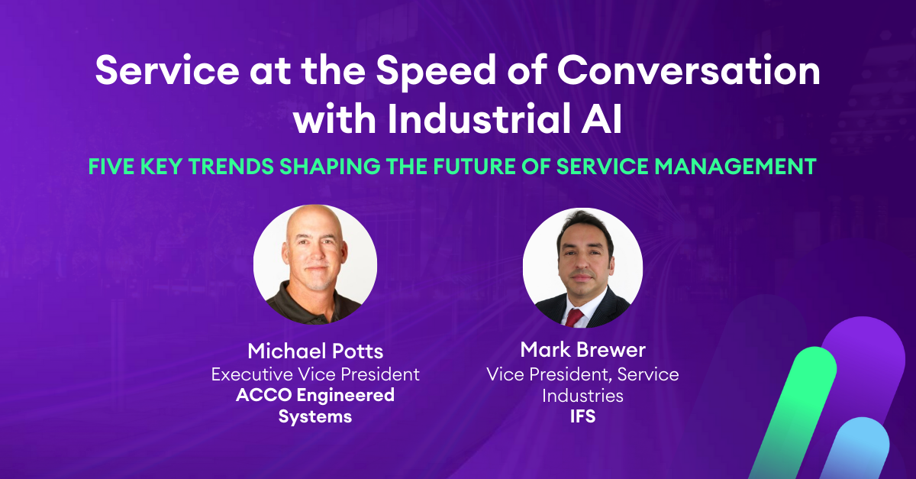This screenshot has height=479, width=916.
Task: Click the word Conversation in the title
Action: tap(689, 70)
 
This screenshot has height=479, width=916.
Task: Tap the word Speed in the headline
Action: tap(436, 72)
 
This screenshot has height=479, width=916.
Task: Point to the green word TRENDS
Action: tap(231, 167)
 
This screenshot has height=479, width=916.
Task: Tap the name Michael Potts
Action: tap(315, 351)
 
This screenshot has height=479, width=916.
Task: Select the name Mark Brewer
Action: tap(582, 350)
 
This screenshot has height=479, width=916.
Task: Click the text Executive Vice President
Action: tap(315, 374)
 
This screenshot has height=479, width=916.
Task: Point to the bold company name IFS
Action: tap(582, 416)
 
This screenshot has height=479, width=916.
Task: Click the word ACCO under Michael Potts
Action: tap(264, 395)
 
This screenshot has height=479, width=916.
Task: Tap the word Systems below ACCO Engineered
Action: tap(315, 417)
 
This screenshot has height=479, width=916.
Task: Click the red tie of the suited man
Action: tap(574, 318)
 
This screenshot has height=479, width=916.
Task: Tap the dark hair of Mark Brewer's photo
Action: tap(585, 223)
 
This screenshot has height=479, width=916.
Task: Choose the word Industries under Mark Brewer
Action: tap(582, 396)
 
